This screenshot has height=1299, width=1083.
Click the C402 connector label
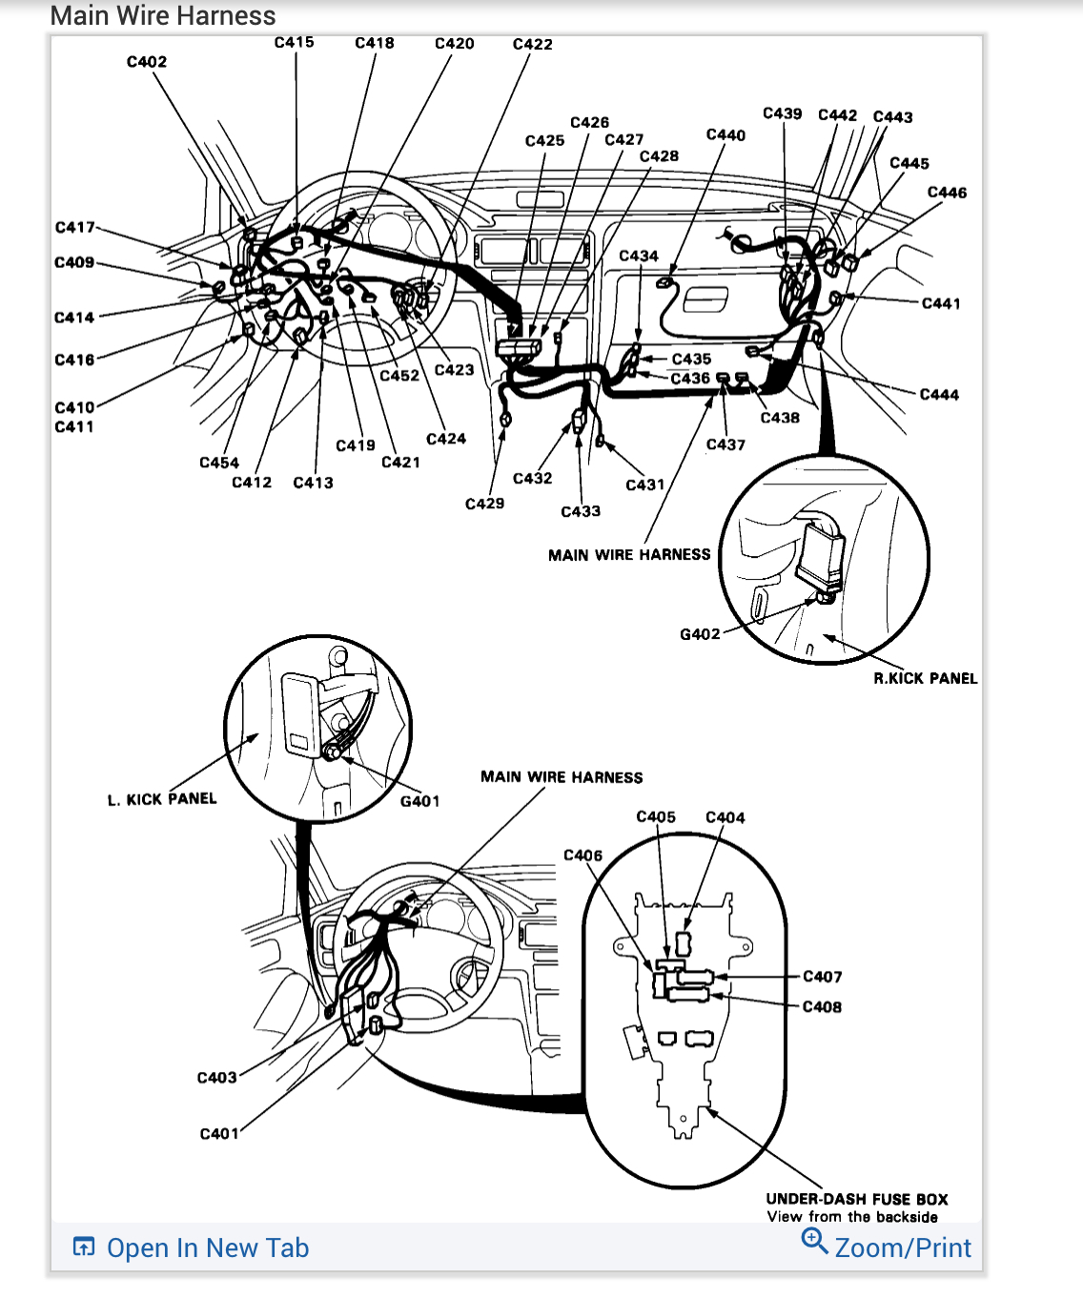[147, 62]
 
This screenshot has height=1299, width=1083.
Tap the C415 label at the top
[294, 42]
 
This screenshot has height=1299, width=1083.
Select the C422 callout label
[532, 44]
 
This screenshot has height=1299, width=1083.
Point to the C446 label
[947, 193]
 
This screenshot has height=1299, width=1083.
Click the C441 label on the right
[941, 303]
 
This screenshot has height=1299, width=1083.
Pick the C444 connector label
[939, 395]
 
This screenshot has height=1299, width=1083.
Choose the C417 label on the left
[74, 227]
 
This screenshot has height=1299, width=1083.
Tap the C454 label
[219, 463]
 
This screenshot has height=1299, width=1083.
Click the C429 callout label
[484, 504]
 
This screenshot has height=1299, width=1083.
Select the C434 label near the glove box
[639, 256]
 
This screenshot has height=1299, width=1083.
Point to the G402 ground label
[700, 634]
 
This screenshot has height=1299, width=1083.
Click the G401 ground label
[419, 801]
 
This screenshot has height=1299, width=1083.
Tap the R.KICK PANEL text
[925, 679]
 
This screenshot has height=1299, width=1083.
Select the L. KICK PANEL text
[162, 799]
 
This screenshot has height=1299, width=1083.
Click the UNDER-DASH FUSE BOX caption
[857, 1199]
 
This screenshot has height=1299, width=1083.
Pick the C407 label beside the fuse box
[822, 977]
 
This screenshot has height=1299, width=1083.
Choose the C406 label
[582, 856]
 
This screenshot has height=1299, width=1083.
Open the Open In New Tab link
[208, 1247]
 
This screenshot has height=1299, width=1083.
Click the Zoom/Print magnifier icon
[813, 1241]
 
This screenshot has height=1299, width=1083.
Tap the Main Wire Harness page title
[163, 16]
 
